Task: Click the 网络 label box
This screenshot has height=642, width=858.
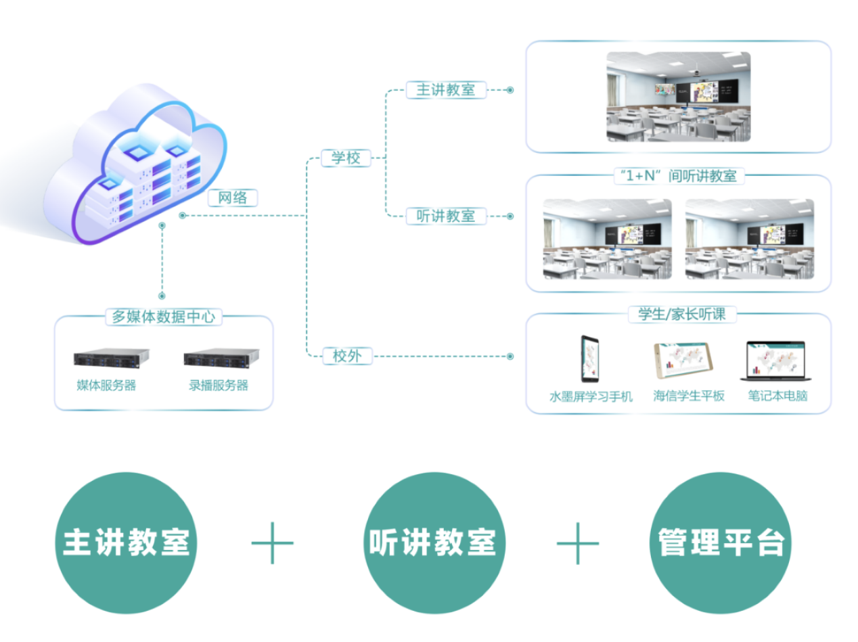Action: coord(232,198)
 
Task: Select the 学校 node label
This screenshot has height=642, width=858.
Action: coord(345,158)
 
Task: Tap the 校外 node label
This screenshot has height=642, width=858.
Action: coord(347,356)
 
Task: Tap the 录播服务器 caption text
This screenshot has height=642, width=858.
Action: coord(219,386)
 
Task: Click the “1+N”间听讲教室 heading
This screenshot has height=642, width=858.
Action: coord(678,176)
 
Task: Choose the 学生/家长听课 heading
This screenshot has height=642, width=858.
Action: coord(677,314)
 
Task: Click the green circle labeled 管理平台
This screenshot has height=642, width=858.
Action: coord(721,543)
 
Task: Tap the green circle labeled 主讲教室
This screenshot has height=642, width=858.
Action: coord(126,543)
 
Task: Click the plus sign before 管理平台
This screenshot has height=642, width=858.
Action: coord(577,543)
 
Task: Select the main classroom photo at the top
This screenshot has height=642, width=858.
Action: coord(678,96)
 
